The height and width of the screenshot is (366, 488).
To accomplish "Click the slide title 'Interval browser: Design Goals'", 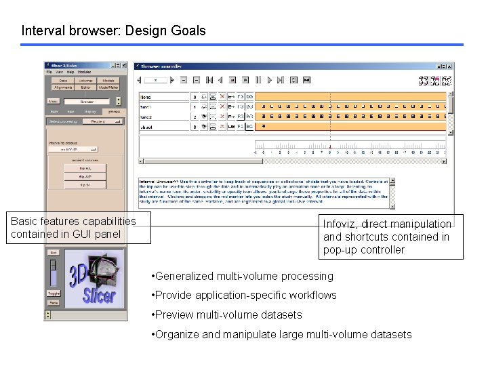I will click(x=113, y=30).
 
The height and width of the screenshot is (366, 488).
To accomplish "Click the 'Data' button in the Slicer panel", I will click(x=63, y=81).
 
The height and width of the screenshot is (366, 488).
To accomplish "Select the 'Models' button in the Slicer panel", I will click(x=108, y=81).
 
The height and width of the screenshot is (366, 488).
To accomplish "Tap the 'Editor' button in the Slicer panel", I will click(x=86, y=87).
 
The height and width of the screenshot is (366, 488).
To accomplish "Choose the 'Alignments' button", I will click(x=63, y=87).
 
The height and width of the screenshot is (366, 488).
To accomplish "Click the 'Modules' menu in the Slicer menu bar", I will click(x=84, y=72).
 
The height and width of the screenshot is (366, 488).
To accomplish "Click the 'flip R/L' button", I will click(x=85, y=167).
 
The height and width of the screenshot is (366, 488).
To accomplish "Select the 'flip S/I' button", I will click(x=85, y=184).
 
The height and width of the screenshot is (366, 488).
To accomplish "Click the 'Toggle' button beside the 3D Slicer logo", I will click(x=54, y=293).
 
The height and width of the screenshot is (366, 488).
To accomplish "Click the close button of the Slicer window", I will click(x=123, y=66).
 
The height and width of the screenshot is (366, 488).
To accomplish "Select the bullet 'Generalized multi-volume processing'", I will click(x=244, y=276).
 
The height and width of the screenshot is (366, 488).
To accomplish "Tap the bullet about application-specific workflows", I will click(x=245, y=295).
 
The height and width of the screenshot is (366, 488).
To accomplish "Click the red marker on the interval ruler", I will click(x=330, y=147).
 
